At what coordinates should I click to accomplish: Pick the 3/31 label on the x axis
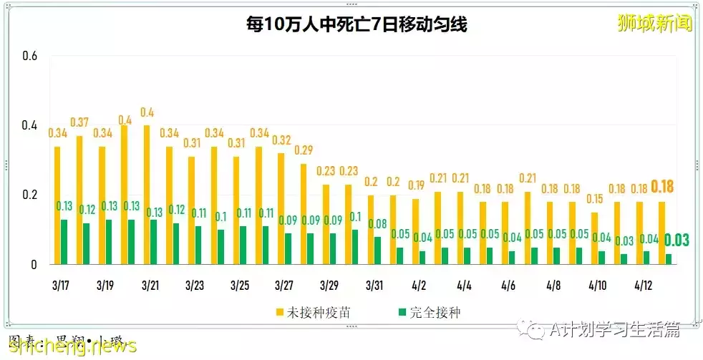[374, 285]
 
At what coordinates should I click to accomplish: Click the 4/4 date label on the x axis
[463, 285]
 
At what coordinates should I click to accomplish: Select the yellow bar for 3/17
[57, 205]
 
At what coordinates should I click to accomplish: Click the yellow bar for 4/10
[594, 238]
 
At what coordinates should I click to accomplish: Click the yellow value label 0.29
[304, 150]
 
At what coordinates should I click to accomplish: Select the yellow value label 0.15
[593, 198]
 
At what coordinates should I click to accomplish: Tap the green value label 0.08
[377, 223]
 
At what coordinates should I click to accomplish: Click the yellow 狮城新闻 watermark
[654, 23]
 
